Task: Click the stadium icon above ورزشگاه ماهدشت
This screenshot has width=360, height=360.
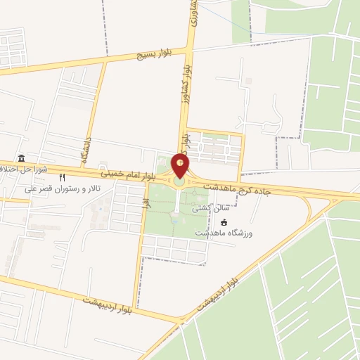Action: [224, 222]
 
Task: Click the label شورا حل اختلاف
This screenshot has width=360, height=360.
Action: [24, 169]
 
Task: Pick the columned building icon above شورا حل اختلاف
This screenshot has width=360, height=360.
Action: [22, 158]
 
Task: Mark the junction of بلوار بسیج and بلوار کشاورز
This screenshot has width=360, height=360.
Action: [190, 50]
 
